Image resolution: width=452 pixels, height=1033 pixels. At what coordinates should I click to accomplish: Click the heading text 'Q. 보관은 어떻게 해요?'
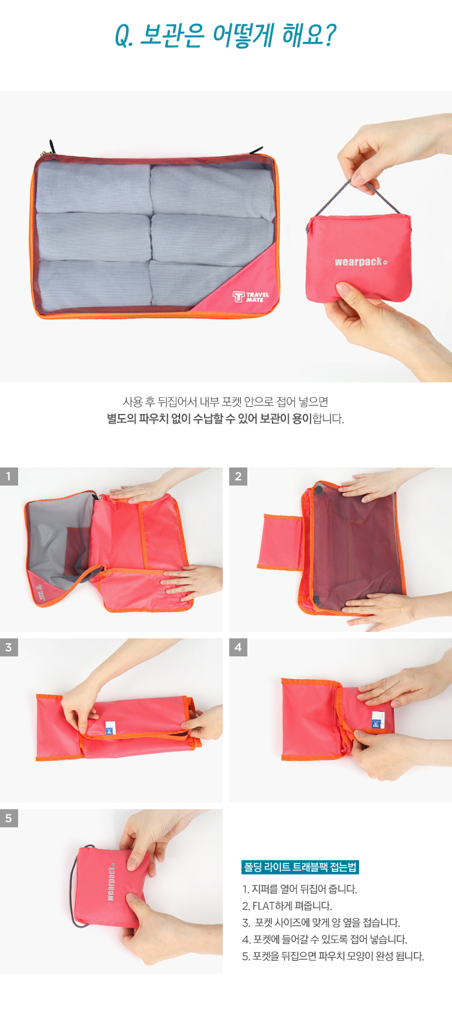point(225,36)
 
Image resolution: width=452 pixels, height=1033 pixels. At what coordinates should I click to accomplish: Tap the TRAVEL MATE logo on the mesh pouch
point(251,297)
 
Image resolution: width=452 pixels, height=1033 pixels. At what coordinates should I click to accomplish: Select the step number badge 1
point(9,477)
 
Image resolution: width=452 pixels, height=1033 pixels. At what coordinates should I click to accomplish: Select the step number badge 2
point(238,477)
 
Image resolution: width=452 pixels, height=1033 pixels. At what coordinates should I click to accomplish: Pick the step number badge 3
point(9,647)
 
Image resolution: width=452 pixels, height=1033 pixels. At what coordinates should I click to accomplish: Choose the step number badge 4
point(238,647)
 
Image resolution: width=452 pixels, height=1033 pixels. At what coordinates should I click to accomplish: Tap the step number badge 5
point(9,818)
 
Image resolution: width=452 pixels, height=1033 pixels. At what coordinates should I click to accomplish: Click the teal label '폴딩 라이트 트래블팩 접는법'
point(300,867)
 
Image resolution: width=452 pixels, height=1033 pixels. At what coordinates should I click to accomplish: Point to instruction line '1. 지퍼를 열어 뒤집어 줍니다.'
point(300,889)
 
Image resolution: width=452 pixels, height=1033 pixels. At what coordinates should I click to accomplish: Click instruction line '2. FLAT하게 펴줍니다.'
point(287,906)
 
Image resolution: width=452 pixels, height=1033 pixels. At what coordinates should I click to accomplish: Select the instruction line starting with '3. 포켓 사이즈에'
point(321,923)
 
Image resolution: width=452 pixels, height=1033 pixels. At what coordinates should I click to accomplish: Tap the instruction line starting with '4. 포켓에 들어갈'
point(325,940)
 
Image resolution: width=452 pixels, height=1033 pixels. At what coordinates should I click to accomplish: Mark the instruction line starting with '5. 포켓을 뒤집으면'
point(333,956)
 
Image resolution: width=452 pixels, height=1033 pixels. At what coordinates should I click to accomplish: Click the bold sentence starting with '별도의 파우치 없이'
point(225,418)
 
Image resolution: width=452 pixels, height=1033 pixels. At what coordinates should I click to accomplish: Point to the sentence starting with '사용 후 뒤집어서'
point(225,402)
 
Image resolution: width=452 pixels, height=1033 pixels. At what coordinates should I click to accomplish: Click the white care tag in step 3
point(109,727)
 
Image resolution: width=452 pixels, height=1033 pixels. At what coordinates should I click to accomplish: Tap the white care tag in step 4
point(377,720)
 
